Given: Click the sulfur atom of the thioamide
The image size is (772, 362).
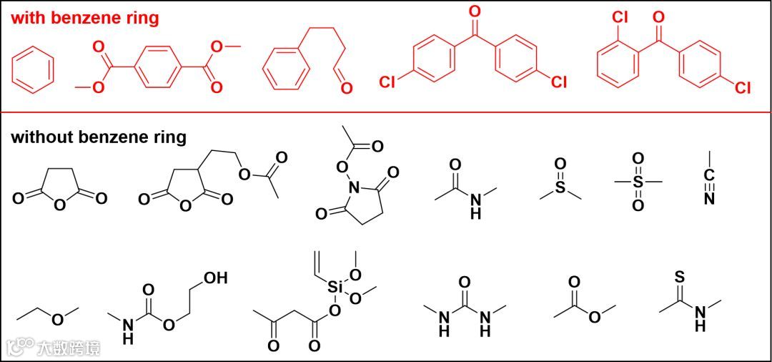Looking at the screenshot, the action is tap(680, 276).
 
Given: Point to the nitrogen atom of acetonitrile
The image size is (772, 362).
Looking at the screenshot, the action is tap(709, 199).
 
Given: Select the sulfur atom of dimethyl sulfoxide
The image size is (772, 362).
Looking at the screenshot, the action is tap(560, 187).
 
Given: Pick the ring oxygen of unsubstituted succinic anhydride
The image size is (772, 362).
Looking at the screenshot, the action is tap(60, 207).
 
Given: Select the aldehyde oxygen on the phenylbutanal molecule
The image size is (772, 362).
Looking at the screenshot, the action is tap(347, 88).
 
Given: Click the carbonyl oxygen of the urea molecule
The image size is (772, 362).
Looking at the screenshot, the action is tap(465, 280).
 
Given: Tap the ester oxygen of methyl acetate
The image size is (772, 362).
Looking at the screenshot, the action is tap(595, 318).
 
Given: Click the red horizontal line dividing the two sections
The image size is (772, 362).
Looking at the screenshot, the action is tap(386, 112).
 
